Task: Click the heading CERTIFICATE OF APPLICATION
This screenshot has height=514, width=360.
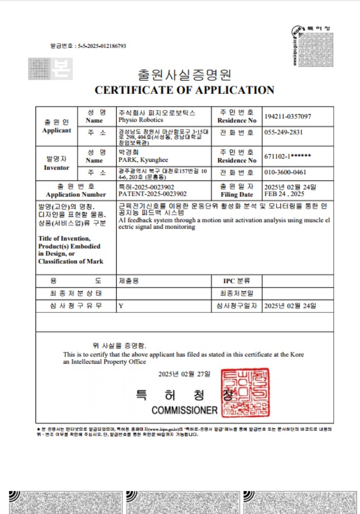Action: (x=185, y=90)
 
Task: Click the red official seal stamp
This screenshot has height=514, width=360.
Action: (x=245, y=393)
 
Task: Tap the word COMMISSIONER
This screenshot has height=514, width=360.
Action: (x=185, y=411)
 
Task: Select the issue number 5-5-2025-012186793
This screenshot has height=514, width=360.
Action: (x=102, y=46)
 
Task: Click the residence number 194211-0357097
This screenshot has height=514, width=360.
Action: (x=287, y=117)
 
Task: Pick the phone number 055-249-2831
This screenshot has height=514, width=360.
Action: (x=283, y=132)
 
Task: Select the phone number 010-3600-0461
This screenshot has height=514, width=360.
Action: (x=284, y=172)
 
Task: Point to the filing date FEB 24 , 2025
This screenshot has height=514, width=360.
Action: (x=284, y=194)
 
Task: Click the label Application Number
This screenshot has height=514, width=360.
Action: (x=76, y=195)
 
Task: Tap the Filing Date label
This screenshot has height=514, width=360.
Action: (x=236, y=195)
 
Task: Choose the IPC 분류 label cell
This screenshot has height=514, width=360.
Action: (x=236, y=281)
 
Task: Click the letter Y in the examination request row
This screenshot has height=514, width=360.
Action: (x=121, y=306)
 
